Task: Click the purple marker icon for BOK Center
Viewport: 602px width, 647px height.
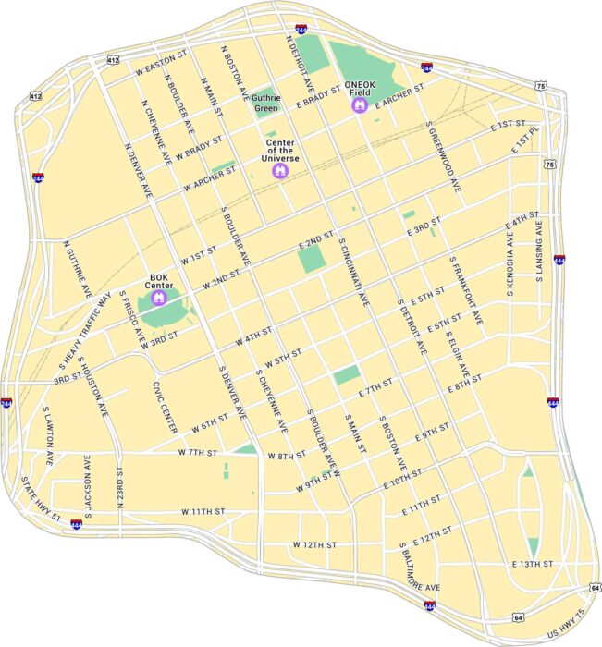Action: pos(158,299)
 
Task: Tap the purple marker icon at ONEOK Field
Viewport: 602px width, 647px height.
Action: pos(360,106)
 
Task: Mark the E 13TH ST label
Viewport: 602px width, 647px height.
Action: pos(533,563)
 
